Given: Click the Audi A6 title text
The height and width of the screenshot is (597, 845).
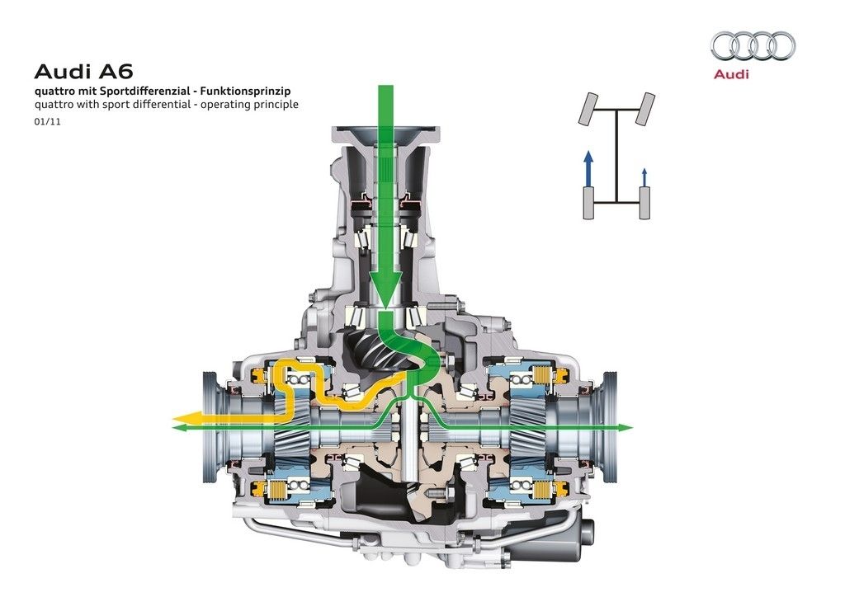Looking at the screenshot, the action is pyautogui.click(x=83, y=72).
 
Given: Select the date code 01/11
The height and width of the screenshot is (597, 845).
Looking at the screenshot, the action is pyautogui.click(x=47, y=122).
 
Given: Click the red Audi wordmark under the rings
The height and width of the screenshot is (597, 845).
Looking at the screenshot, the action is pyautogui.click(x=731, y=73).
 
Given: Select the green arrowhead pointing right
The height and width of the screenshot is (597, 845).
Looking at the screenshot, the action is pyautogui.click(x=625, y=427).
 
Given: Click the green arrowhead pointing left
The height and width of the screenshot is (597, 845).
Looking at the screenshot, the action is pyautogui.click(x=179, y=427).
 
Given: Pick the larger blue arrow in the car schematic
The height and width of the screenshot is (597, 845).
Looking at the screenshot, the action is pyautogui.click(x=588, y=169).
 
